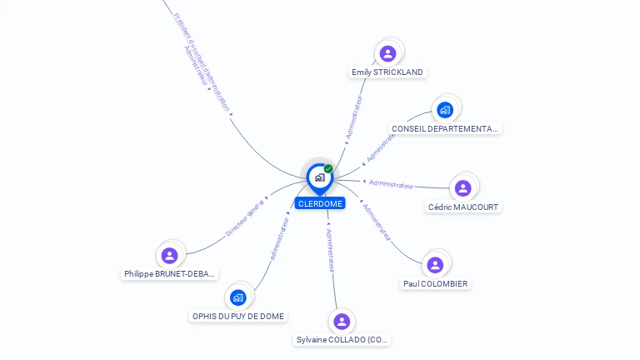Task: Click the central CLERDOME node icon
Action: coord(319,177)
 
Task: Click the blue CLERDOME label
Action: coord(320,203)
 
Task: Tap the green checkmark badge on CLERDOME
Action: coord(328,169)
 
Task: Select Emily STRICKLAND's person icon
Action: coord(387,53)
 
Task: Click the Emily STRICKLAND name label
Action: coord(387,72)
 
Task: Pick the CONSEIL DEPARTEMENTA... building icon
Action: coord(445,109)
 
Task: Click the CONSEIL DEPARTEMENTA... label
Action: coord(445,129)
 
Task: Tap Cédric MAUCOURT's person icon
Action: coord(463,187)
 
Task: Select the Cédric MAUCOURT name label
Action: coord(464,207)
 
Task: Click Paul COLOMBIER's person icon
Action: coord(435,265)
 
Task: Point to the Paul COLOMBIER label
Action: coord(435,284)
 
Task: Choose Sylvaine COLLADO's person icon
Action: coord(342,321)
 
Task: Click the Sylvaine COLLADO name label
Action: coord(342,340)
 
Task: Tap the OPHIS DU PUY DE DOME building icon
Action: coord(238,297)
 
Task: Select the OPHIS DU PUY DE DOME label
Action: coord(238,317)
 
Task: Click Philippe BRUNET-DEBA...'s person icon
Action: coord(170,255)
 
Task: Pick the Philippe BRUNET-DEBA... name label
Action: coord(170,274)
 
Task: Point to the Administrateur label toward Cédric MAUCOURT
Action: coord(391,184)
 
